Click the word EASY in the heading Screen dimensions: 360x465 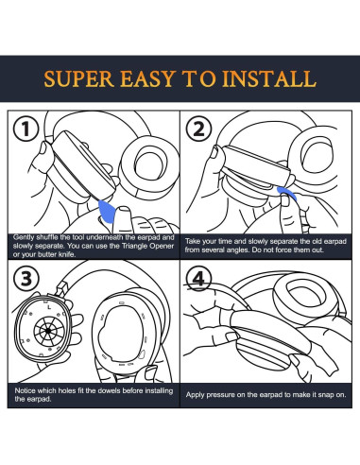coord(147,78)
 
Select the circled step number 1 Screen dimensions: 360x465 coord(26,129)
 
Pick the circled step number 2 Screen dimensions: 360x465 coord(198,129)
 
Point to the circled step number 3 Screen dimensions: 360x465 coord(26,279)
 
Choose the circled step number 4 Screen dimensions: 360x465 coord(198,279)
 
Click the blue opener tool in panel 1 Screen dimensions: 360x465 coord(107,212)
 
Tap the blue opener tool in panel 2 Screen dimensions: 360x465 coord(286,193)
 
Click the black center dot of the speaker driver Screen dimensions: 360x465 coord(48,331)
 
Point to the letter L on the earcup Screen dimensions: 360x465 coord(49,306)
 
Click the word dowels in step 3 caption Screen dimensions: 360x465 coord(109,390)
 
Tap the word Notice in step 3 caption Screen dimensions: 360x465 coord(26,390)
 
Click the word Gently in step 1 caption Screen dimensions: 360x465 coord(24,237)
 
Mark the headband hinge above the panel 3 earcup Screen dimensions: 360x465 coord(61,289)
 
